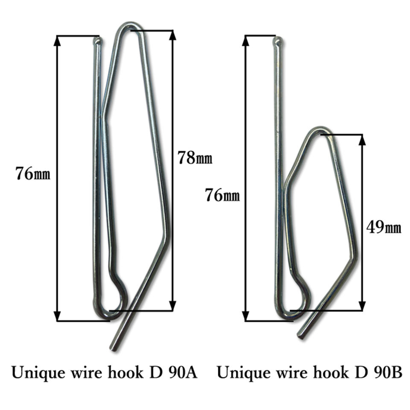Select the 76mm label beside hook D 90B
point(222,195)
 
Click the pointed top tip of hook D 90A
point(98,41)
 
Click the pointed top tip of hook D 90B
point(278,41)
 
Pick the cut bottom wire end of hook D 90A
point(114,348)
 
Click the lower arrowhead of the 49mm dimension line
point(362,306)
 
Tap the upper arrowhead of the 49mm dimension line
point(362,139)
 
